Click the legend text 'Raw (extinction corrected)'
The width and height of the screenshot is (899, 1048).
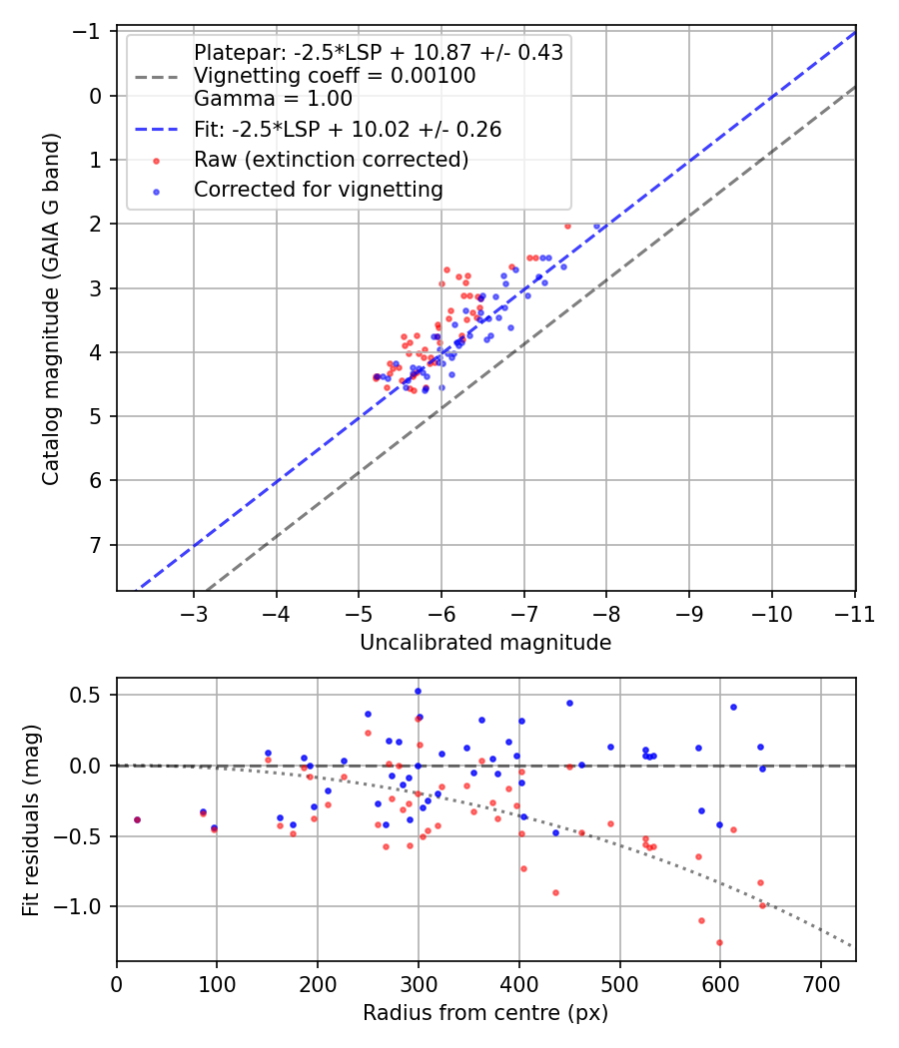(331, 160)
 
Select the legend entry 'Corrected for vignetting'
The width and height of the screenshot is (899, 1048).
(319, 190)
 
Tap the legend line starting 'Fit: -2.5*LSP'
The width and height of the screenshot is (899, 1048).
(348, 129)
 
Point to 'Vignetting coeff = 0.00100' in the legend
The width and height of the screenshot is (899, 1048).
(335, 76)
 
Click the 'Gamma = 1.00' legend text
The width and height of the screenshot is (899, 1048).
(273, 99)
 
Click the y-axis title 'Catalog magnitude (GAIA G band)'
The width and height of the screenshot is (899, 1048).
(51, 308)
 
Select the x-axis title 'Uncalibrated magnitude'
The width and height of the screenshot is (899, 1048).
(485, 643)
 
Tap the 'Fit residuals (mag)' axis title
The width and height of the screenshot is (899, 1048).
(31, 820)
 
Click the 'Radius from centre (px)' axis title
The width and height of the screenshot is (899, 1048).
(485, 1013)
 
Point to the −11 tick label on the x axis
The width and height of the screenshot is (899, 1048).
(855, 614)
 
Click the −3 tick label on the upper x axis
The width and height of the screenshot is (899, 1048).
(194, 614)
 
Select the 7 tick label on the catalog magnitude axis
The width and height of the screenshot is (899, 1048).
(96, 545)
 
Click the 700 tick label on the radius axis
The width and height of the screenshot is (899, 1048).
(821, 984)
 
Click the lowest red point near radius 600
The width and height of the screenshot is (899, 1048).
(720, 943)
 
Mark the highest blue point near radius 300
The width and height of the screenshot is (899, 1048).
(419, 692)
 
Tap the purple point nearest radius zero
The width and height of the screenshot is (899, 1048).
(137, 820)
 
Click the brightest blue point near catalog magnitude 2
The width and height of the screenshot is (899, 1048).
(597, 227)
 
